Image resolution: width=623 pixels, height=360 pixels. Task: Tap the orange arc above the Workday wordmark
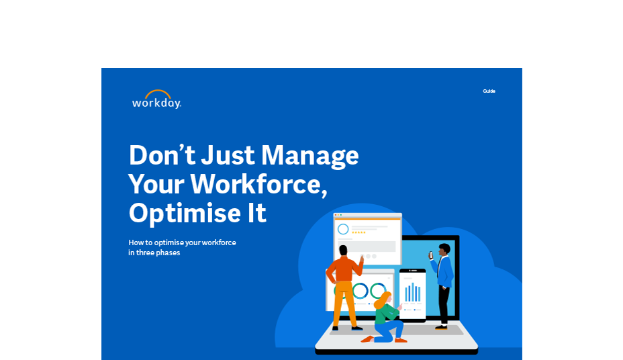[x=157, y=93]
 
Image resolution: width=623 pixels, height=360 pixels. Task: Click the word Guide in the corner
[x=489, y=91]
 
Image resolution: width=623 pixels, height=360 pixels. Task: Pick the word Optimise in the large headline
[x=185, y=213]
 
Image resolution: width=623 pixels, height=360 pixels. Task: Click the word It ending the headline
[x=256, y=213]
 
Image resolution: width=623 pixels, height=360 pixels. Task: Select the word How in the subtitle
[x=136, y=242]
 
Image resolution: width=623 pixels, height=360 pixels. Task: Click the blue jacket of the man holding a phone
[x=444, y=271]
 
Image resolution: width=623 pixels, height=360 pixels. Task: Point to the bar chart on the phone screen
[x=412, y=292]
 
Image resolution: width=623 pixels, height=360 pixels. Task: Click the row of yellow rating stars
[x=358, y=232]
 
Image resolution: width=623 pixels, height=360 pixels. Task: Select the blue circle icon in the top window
[x=343, y=229]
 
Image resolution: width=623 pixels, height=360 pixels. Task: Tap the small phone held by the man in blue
[x=430, y=255]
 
